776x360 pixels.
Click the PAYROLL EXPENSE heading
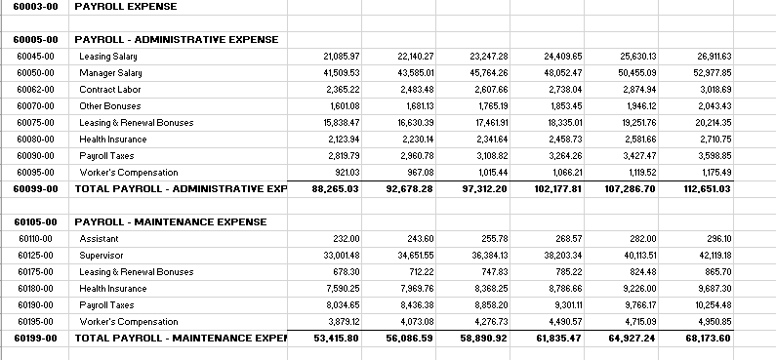point(125,6)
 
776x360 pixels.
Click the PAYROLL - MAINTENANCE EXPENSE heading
point(170,222)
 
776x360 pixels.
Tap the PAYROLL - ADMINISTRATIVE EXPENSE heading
point(176,40)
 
